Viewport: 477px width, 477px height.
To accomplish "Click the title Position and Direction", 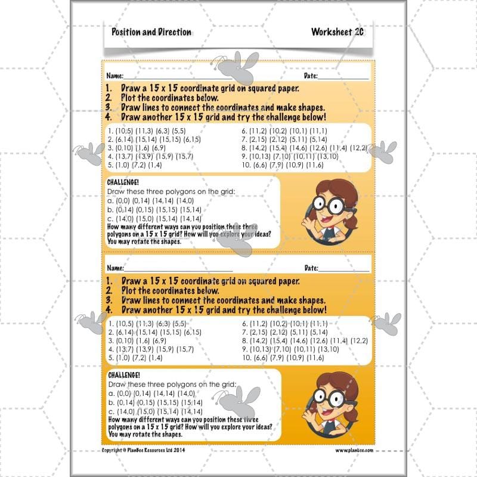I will pyautogui.click(x=151, y=32).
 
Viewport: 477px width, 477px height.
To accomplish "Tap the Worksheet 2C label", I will pyautogui.click(x=337, y=32).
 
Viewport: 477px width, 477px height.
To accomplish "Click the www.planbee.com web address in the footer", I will pyautogui.click(x=354, y=450).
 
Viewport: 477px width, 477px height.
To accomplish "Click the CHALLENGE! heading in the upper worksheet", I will pyautogui.click(x=123, y=182).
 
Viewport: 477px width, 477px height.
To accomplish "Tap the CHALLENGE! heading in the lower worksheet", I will pyautogui.click(x=123, y=374).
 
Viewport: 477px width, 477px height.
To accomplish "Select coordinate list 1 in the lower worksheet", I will pyautogui.click(x=143, y=324).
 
